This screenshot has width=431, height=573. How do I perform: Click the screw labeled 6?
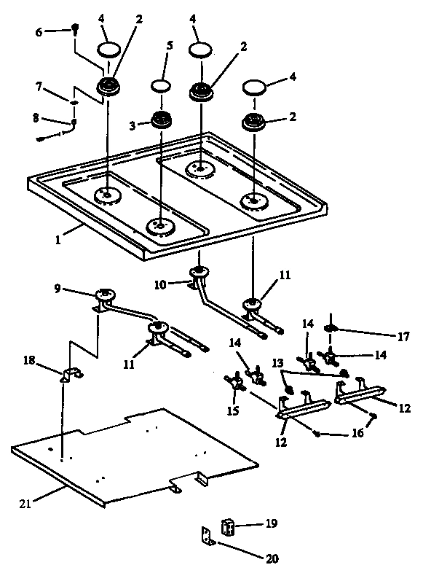pos(75,29)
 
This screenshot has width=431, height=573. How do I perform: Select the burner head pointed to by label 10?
pos(197,273)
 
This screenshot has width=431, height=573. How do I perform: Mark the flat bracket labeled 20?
pos(207,537)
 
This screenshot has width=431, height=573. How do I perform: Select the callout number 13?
pos(277,362)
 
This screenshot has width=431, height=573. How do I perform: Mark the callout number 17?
pos(403,337)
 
